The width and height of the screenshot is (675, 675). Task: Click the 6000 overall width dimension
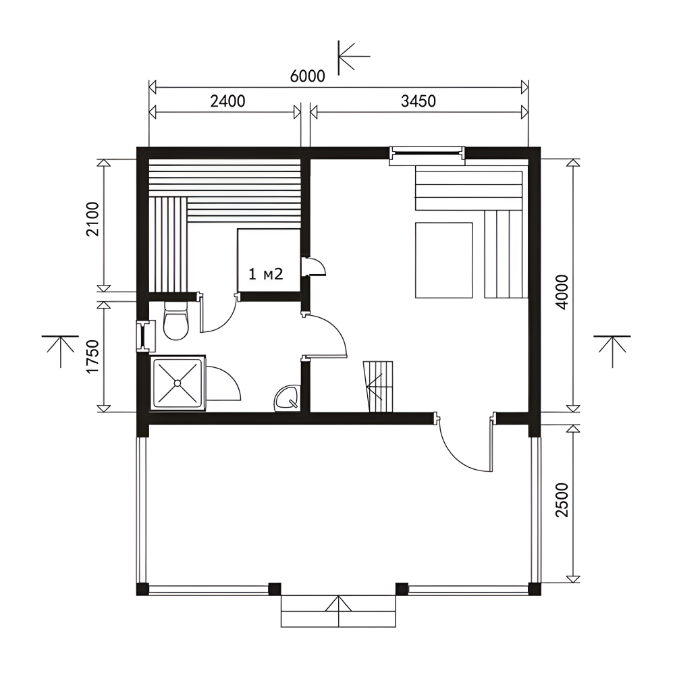point(307,76)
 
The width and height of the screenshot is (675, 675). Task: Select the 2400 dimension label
point(227,101)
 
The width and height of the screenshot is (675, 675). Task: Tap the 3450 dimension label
point(418,101)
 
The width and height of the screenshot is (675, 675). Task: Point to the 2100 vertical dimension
point(92,219)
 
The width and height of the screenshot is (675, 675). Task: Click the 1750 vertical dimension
point(92,357)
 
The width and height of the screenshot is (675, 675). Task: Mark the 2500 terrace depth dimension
point(562,500)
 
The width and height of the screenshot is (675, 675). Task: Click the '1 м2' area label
point(266,274)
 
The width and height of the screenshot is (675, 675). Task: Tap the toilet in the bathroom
point(175,321)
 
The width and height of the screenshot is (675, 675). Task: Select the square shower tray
point(177,383)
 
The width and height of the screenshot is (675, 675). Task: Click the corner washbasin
point(287,398)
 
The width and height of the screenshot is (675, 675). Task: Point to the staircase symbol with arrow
point(379,387)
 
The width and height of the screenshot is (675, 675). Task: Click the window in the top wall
point(427,156)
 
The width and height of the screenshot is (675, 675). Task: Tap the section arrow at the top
point(354,57)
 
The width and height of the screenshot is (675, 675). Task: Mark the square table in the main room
point(444,260)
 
